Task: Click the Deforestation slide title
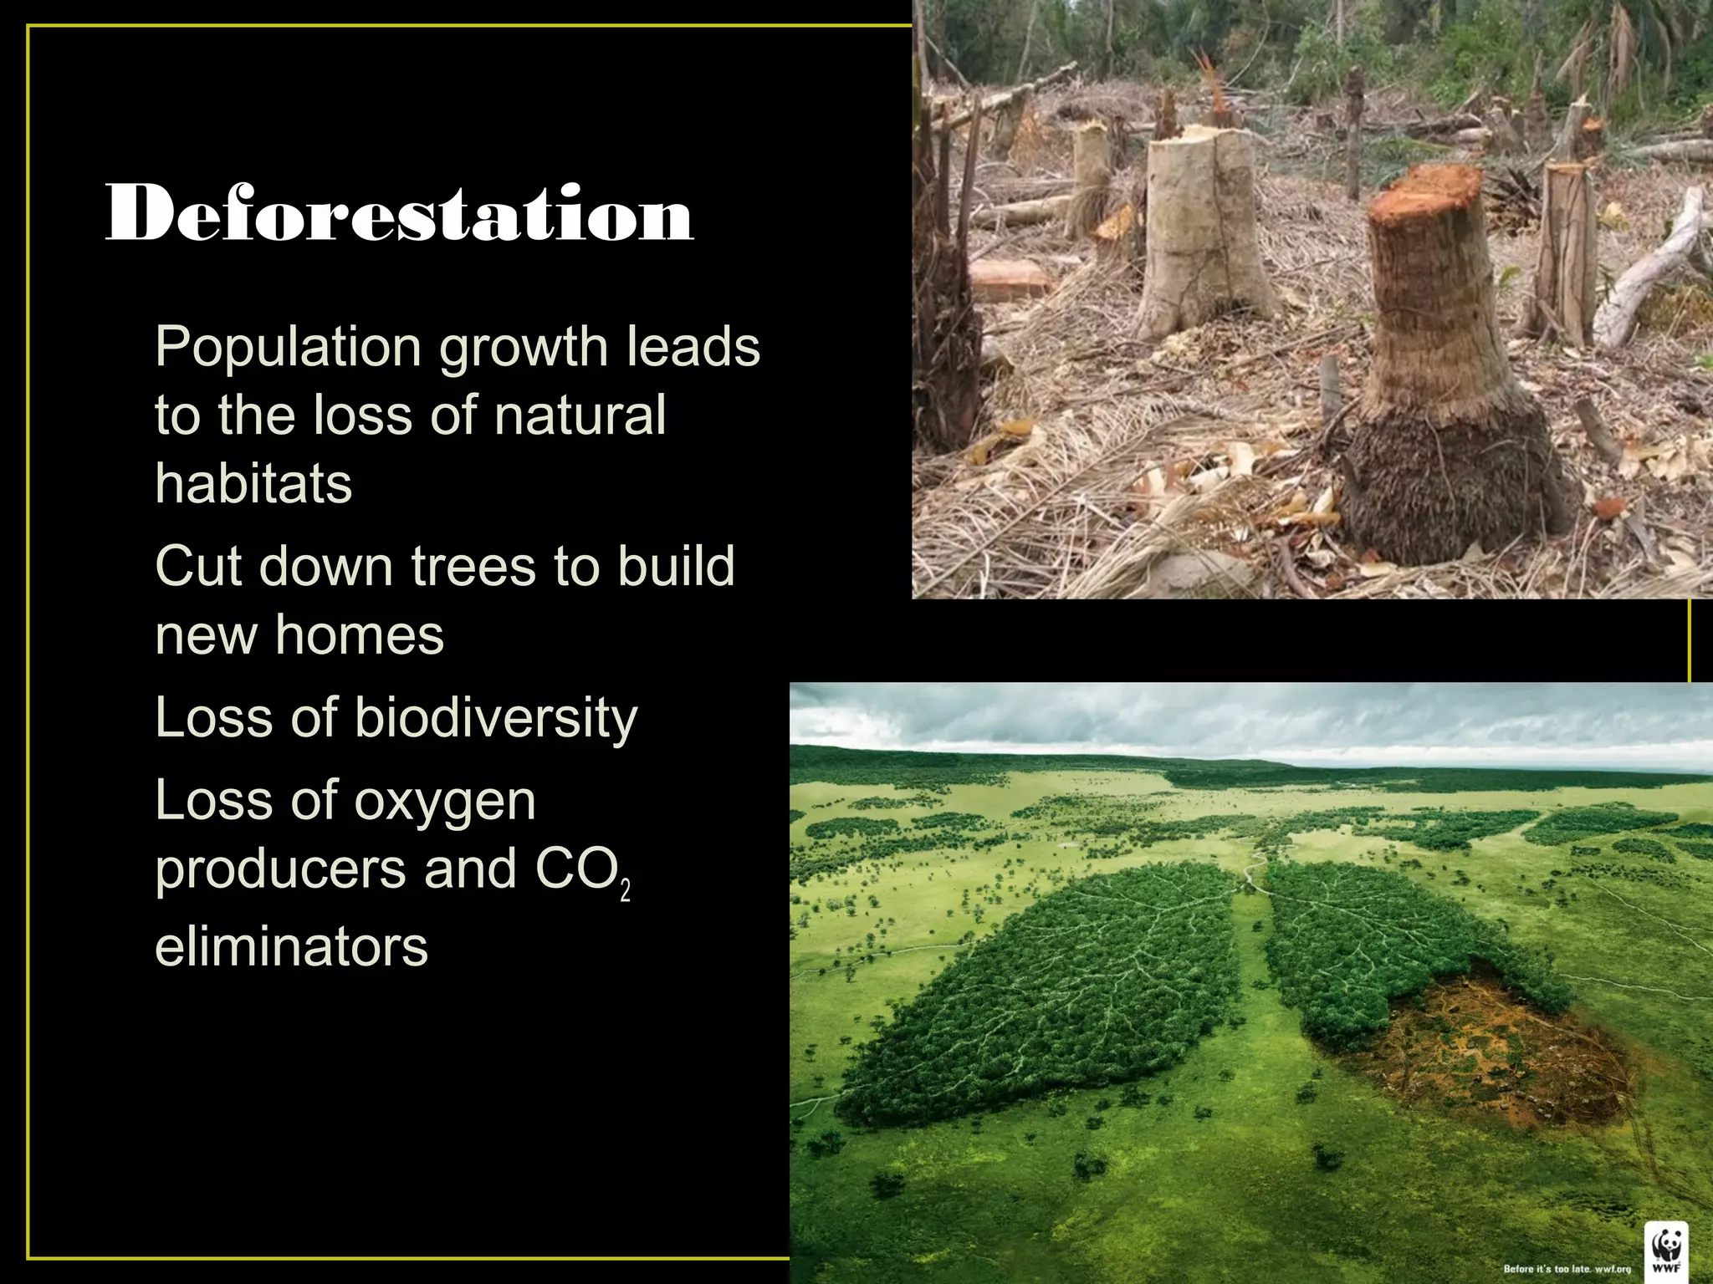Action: tap(399, 213)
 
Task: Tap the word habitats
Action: tap(253, 484)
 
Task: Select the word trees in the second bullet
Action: tap(473, 567)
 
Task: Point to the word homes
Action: tap(360, 635)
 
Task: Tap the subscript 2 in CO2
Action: tap(625, 891)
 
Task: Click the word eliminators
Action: tap(291, 947)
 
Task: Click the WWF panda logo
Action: tap(1666, 1251)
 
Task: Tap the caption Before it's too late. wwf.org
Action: tap(1566, 1269)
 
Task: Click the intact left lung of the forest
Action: tap(1046, 995)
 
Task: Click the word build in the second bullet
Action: tap(676, 567)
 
